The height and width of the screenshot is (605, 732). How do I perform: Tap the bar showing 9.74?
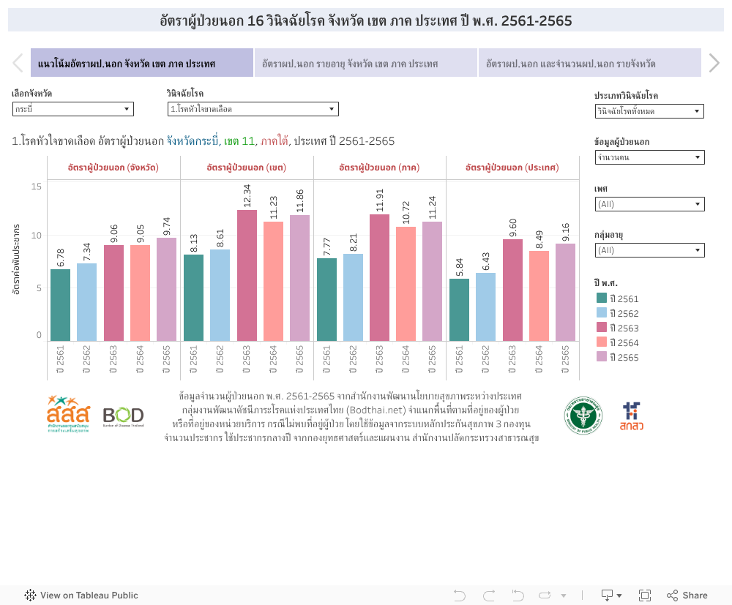[x=166, y=289]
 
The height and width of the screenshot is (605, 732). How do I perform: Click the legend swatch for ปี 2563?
[x=602, y=328]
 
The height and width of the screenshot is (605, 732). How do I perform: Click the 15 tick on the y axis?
[x=37, y=187]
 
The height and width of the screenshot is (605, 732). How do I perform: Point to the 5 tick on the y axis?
[x=39, y=288]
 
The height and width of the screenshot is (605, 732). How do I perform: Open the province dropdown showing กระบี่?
[x=72, y=109]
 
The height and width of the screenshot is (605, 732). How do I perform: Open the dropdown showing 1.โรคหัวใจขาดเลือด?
[x=253, y=109]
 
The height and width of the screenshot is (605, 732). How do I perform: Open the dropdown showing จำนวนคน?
[x=649, y=157]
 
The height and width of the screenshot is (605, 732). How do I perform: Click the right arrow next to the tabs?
[x=714, y=64]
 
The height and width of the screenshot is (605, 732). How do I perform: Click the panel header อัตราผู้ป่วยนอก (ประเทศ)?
[x=512, y=168]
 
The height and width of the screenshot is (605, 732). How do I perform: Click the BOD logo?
[x=123, y=416]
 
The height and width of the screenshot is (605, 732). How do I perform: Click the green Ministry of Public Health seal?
[x=583, y=416]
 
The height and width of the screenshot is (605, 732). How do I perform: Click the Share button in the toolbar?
[x=687, y=595]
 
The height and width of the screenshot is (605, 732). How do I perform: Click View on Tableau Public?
[x=81, y=595]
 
